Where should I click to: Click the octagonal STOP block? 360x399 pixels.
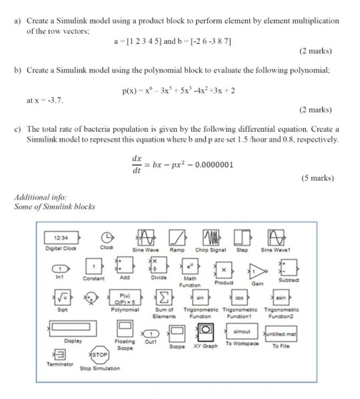pos(99,356)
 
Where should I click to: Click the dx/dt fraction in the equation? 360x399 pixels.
pos(139,161)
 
